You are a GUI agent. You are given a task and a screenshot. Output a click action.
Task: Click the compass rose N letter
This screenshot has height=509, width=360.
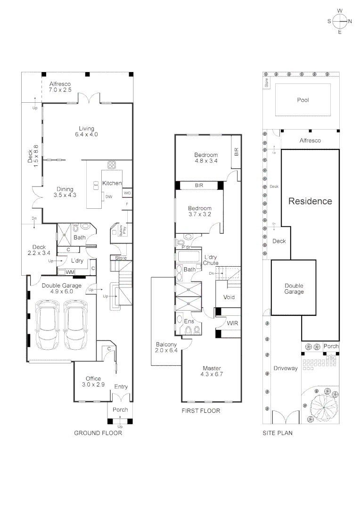coord(351,21)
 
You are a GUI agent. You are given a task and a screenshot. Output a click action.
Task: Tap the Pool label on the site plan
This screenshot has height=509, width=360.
coord(303,100)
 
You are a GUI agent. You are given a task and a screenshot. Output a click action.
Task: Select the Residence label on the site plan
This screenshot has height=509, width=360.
coord(310,201)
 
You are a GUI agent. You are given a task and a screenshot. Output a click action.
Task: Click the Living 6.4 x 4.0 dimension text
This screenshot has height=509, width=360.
coord(86,135)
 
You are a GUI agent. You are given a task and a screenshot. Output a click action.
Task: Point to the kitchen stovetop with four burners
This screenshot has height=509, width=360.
coord(112,165)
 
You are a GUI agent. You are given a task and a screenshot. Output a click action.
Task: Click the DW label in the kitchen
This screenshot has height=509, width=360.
coord(108,197)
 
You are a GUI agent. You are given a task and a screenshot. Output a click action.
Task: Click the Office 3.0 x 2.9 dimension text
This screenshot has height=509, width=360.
coord(93,385)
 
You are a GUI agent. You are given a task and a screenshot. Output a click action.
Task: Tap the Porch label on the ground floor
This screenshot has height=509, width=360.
coord(120,410)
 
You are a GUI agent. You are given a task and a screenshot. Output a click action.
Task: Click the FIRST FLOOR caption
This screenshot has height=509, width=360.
coord(201,411)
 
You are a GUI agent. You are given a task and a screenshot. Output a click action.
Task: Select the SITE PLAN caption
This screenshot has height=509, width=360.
coord(277,433)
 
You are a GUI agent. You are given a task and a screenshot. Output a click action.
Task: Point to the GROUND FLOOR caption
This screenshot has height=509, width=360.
coord(98,433)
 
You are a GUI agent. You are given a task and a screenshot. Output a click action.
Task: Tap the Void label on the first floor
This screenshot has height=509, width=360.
coord(229,297)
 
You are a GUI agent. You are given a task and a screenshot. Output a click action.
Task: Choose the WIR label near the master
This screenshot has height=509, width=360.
coord(231,323)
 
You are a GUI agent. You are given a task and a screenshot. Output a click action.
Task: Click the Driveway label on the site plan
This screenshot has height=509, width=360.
coord(286,369)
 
